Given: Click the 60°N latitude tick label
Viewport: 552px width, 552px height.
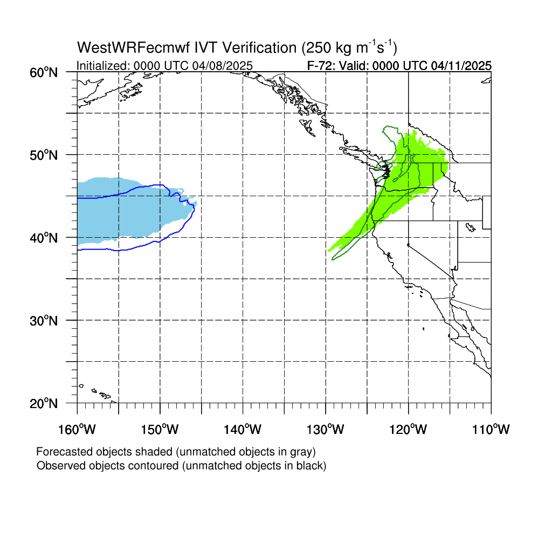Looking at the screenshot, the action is (44, 73).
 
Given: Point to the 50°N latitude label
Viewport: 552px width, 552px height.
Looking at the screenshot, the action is (44, 155).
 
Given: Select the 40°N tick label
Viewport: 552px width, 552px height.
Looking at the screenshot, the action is (44, 238).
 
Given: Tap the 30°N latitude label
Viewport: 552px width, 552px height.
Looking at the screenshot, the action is (44, 321).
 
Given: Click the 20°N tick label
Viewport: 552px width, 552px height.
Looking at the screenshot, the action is (44, 403).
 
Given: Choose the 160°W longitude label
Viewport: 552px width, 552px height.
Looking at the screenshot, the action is (77, 429).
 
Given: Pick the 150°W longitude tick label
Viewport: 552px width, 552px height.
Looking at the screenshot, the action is (160, 429).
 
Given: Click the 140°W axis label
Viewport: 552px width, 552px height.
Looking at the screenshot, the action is (243, 429).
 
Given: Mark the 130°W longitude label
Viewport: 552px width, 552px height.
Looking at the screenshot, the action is (325, 429).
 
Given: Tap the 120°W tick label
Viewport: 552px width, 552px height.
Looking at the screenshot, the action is (409, 429).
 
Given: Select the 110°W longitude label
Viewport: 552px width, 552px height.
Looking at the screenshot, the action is (491, 429).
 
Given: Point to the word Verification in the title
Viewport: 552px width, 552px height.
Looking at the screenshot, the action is (259, 47).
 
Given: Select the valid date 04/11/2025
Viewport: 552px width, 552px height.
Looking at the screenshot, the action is (461, 66).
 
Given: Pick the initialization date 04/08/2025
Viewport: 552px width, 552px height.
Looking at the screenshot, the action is (223, 66).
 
